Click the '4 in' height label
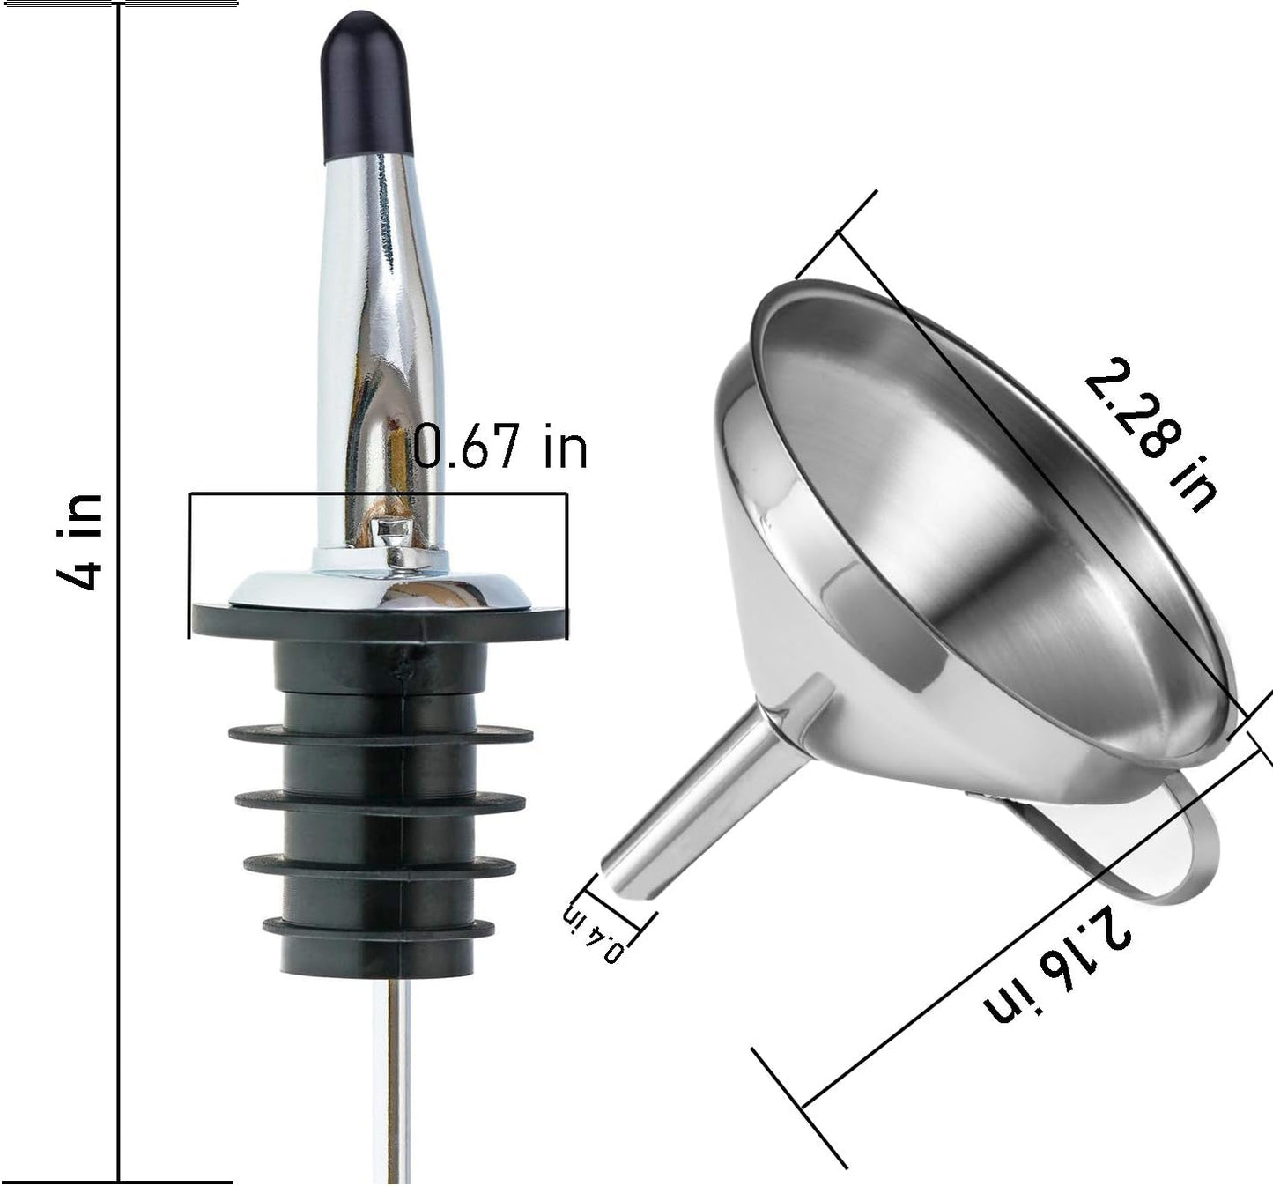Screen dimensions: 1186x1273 pos(81,542)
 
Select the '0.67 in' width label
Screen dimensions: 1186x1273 pos(500,448)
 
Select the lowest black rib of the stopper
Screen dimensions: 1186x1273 pos(378,927)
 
